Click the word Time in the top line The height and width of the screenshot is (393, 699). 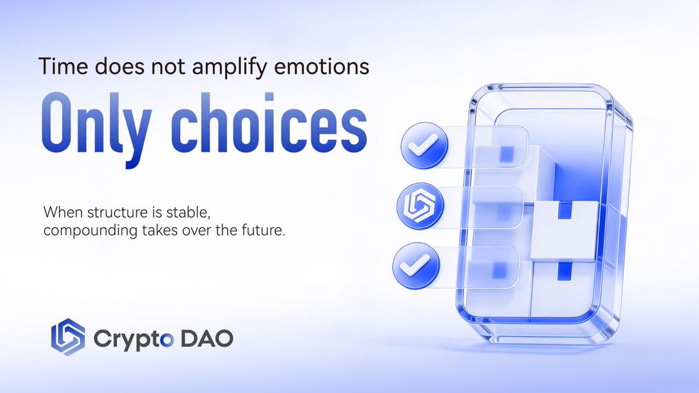59,67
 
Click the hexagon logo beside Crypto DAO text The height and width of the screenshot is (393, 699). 68,338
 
